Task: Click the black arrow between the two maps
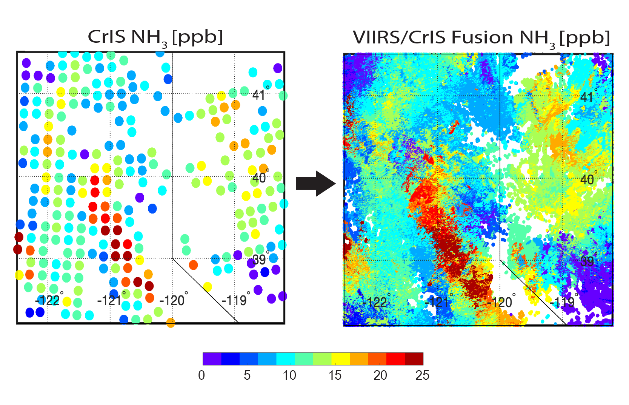[x=315, y=184]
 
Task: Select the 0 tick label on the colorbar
[x=201, y=375]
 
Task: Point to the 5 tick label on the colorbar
[x=247, y=375]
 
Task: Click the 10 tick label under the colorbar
[x=289, y=375]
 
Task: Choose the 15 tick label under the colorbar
[x=335, y=375]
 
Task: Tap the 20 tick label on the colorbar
[x=380, y=375]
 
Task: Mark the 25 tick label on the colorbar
[x=422, y=375]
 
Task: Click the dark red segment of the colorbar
[x=414, y=359]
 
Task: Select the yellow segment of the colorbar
[x=340, y=359]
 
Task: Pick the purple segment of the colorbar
[x=212, y=359]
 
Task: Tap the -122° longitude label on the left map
[x=48, y=300]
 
